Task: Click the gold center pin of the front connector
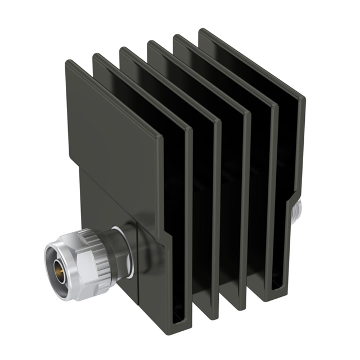(58, 270)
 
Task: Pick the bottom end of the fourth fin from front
(238, 304)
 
